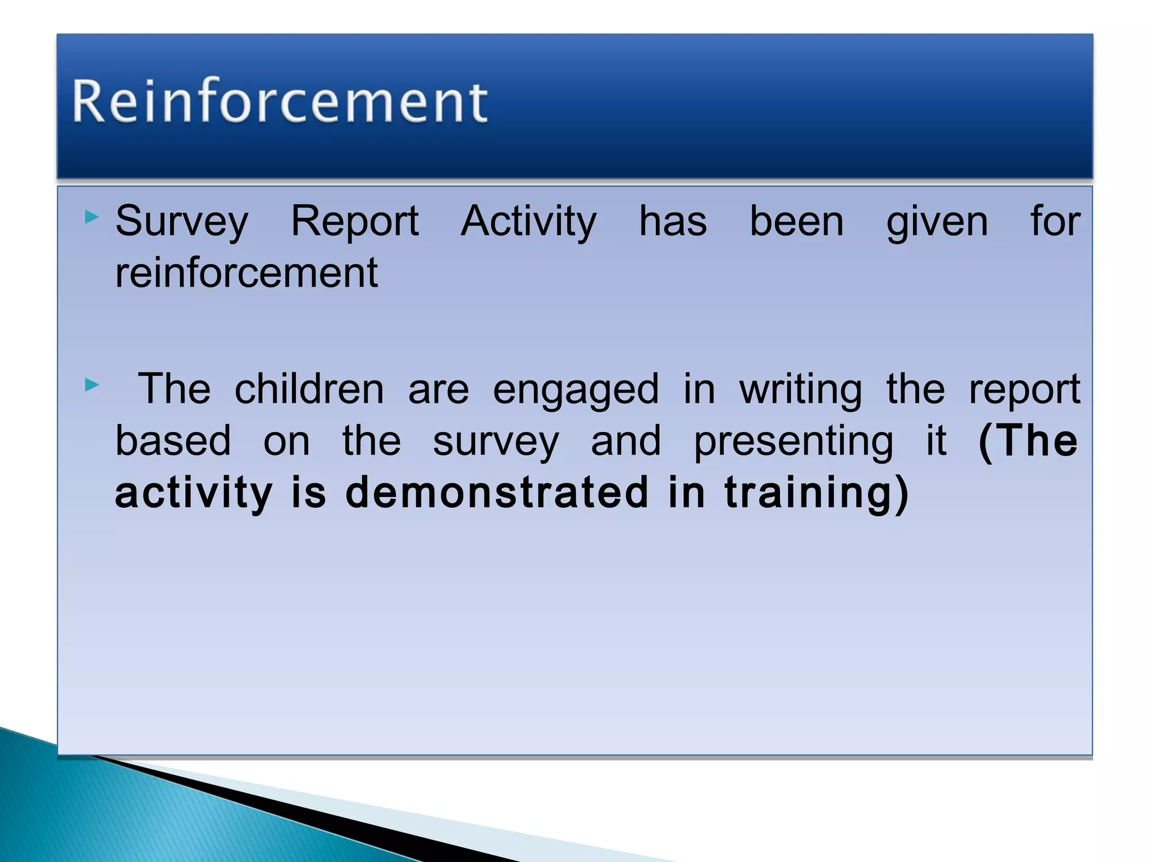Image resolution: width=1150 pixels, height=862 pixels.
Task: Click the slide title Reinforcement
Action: pyautogui.click(x=280, y=101)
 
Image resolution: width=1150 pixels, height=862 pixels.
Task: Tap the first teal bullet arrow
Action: pyautogui.click(x=92, y=217)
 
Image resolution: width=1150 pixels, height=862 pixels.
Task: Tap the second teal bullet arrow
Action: pyautogui.click(x=92, y=385)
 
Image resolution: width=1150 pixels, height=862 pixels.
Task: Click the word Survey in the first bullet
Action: pyautogui.click(x=181, y=222)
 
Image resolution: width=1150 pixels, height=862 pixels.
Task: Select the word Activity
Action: pyautogui.click(x=528, y=222)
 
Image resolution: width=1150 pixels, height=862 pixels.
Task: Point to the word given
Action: pyautogui.click(x=937, y=222)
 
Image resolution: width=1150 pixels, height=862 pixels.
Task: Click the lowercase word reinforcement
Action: pyautogui.click(x=247, y=273)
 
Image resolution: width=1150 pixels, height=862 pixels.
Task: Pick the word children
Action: pyautogui.click(x=309, y=389)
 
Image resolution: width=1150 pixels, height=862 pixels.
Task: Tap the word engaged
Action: pyautogui.click(x=576, y=390)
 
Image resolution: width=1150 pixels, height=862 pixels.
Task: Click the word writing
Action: pyautogui.click(x=800, y=390)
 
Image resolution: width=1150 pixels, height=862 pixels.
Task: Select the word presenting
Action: pyautogui.click(x=793, y=442)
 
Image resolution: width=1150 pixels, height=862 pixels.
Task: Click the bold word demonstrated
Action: pyautogui.click(x=496, y=492)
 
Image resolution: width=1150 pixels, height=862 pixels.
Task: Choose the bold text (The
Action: pyautogui.click(x=1027, y=441)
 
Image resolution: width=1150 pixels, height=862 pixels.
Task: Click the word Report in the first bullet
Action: pyautogui.click(x=354, y=222)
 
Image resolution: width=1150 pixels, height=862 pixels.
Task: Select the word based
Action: pyautogui.click(x=173, y=441)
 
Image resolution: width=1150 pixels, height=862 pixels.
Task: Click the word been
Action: pyautogui.click(x=796, y=222)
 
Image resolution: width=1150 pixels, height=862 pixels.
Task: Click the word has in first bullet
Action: pyautogui.click(x=673, y=222)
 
